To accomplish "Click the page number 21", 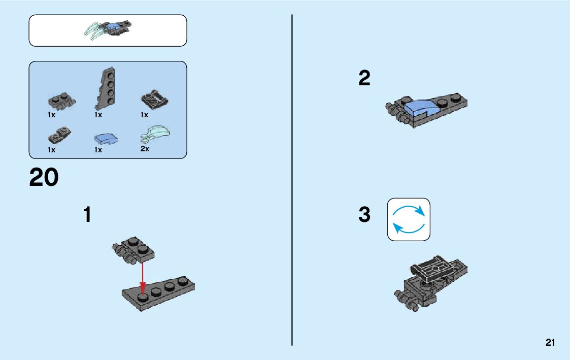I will point(550,343).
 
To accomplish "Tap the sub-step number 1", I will point(88,215).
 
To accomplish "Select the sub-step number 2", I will point(364,79).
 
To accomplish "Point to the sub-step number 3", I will point(364,215).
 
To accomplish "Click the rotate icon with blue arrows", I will point(409,219).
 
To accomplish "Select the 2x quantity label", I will point(145,149).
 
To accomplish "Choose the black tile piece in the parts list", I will point(155,99).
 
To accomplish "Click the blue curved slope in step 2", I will point(420,107).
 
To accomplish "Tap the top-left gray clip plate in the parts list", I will point(61,100).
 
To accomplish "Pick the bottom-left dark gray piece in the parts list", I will point(59,136).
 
